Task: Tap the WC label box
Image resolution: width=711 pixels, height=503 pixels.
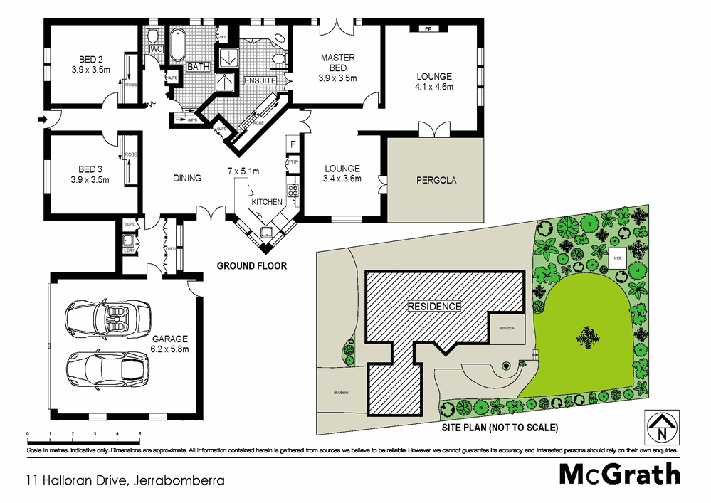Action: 157,49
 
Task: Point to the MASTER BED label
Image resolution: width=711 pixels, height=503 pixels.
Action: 337,63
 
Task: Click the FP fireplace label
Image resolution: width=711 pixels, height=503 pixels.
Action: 428,29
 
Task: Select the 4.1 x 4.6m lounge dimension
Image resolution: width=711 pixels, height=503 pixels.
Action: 434,87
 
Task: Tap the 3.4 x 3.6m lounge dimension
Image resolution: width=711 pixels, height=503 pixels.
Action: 342,179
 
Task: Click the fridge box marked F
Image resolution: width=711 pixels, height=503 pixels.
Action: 293,144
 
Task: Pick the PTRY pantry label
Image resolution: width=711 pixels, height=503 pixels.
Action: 293,163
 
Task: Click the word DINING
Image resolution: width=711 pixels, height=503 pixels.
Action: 187,179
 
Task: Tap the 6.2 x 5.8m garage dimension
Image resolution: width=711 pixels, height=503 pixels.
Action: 169,350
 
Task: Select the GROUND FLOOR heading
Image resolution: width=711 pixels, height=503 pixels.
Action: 252,266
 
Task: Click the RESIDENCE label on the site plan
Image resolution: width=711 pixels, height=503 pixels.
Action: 434,307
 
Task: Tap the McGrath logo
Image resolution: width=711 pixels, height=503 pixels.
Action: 619,474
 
